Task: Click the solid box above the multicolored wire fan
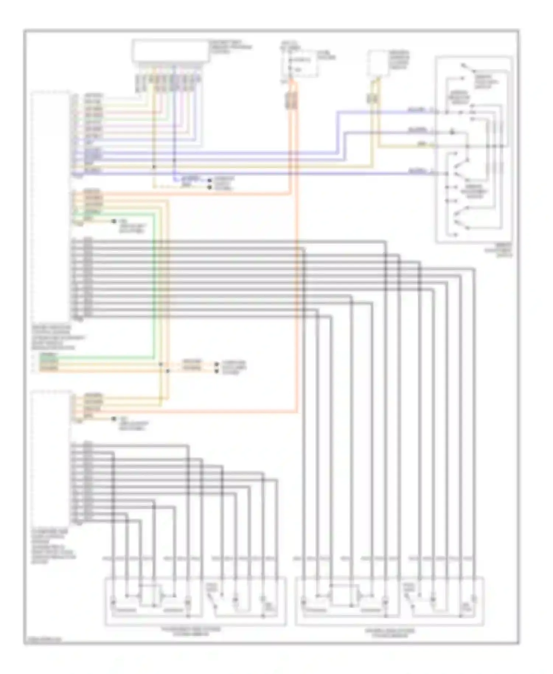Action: point(171,51)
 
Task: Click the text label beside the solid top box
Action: point(231,47)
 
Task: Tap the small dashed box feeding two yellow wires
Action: point(378,63)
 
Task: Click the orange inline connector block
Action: point(291,100)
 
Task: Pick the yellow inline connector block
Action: point(372,98)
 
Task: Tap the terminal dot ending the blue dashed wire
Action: point(210,181)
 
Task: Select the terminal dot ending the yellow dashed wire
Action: point(210,187)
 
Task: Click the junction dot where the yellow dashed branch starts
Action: point(154,167)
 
